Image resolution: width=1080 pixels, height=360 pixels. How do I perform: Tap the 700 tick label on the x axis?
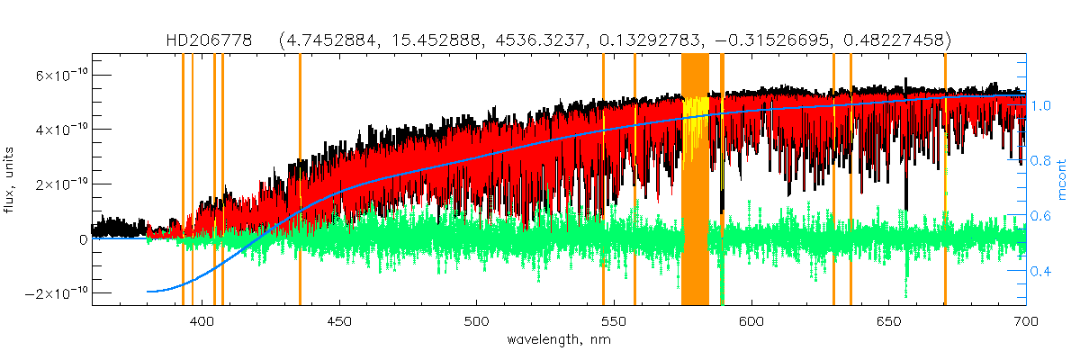(1025, 320)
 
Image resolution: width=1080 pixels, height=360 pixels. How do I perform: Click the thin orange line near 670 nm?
(945, 180)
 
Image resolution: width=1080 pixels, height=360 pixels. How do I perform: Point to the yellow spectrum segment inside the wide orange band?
(694, 126)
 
